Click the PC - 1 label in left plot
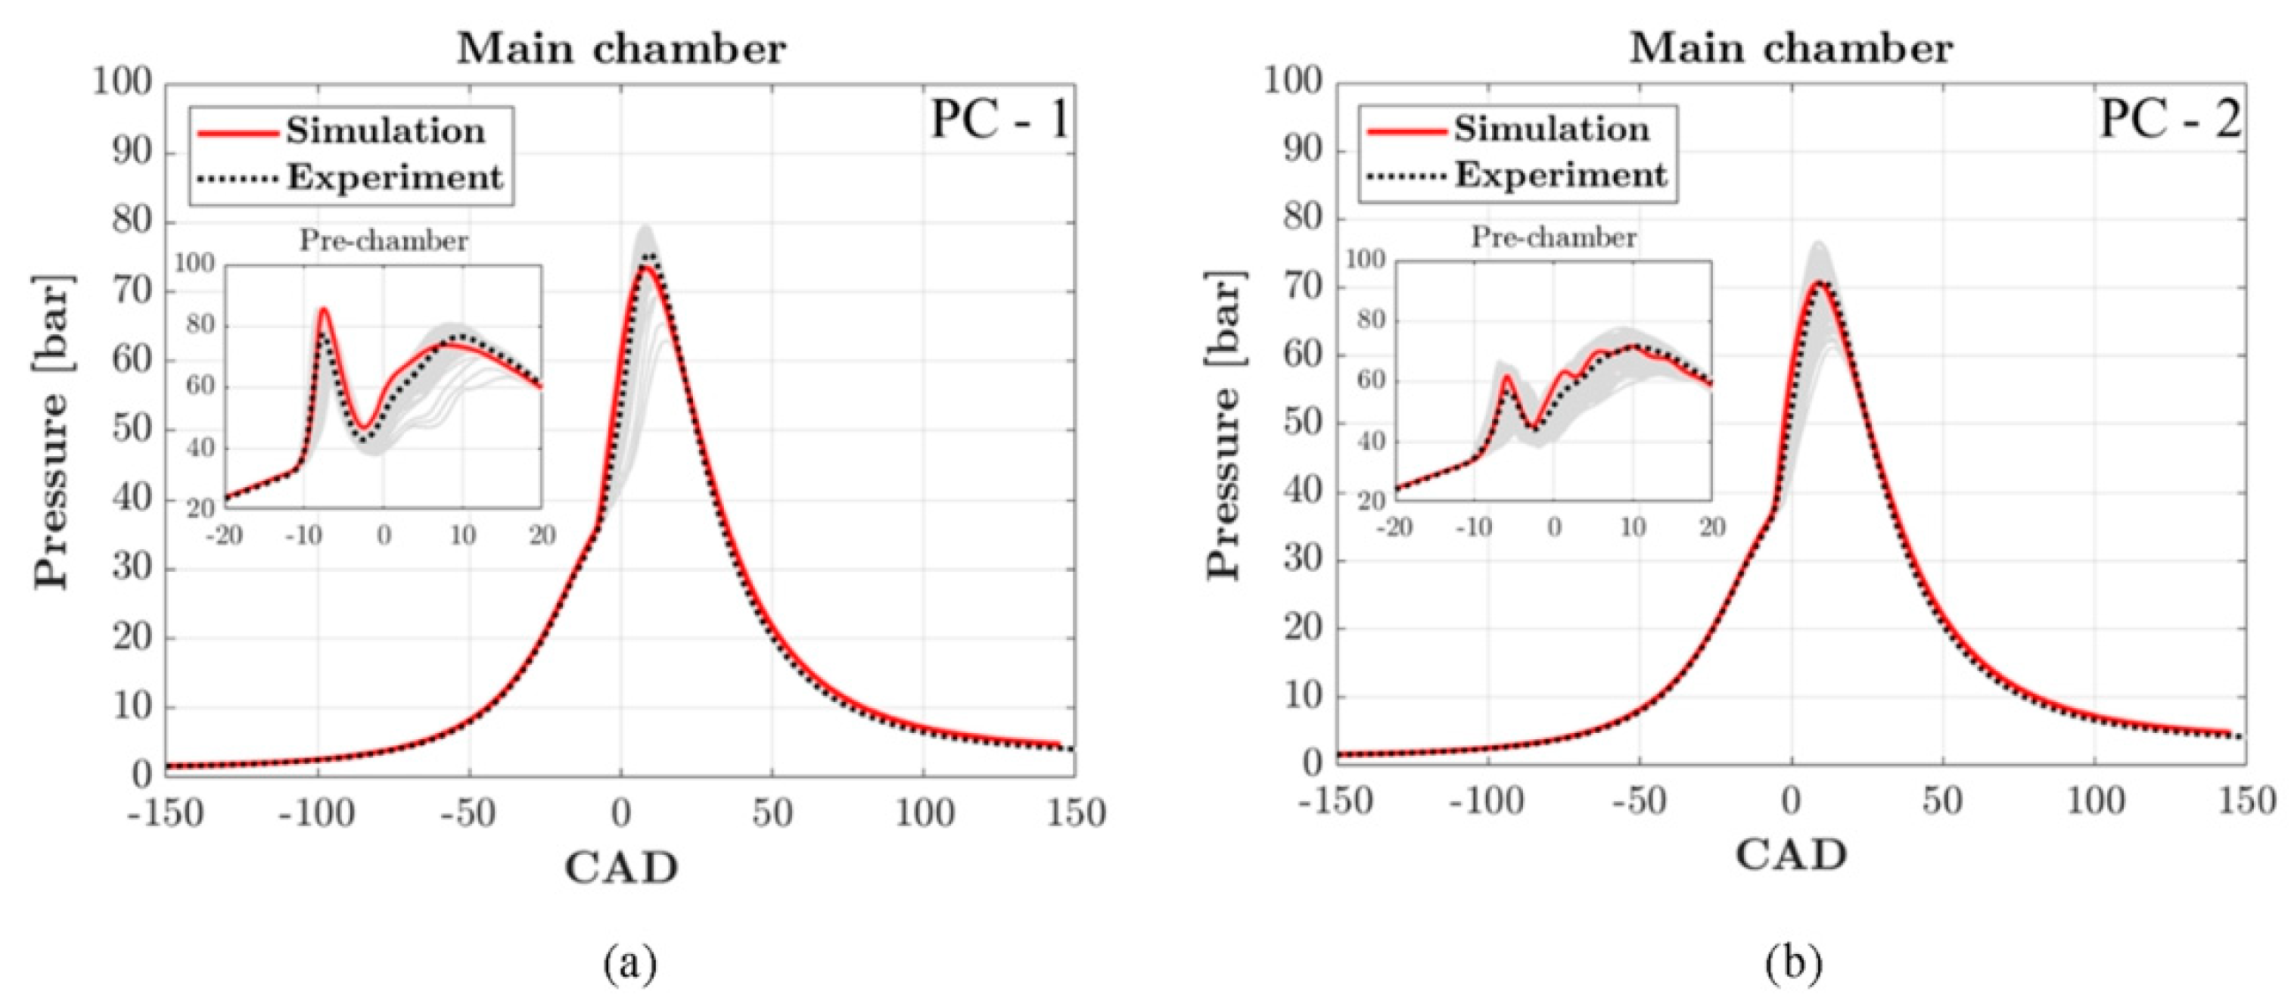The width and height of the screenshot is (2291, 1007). (x=999, y=120)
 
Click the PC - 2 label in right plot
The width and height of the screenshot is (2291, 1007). (x=2170, y=118)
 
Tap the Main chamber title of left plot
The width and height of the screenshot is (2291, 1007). (x=620, y=49)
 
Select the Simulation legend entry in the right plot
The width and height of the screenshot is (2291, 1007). (x=1551, y=130)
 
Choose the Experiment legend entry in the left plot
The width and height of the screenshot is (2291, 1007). (x=394, y=178)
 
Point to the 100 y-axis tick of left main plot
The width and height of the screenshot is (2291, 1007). (x=123, y=84)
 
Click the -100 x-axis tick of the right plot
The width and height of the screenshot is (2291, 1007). (x=1486, y=802)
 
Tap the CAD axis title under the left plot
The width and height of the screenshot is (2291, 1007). (x=620, y=867)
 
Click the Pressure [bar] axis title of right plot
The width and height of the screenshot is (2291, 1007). (x=1226, y=425)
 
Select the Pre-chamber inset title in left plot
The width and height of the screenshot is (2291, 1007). (x=384, y=241)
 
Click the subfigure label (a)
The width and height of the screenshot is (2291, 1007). (x=629, y=964)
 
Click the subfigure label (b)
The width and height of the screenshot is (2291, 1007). (x=1793, y=964)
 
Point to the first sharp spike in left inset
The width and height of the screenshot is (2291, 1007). (x=324, y=309)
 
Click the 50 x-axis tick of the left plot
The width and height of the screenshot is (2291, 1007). (x=772, y=812)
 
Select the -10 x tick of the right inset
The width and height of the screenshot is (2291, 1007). (x=1473, y=527)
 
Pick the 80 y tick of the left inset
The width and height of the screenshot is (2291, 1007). (x=200, y=324)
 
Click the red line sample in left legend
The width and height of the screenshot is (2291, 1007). (x=237, y=133)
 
